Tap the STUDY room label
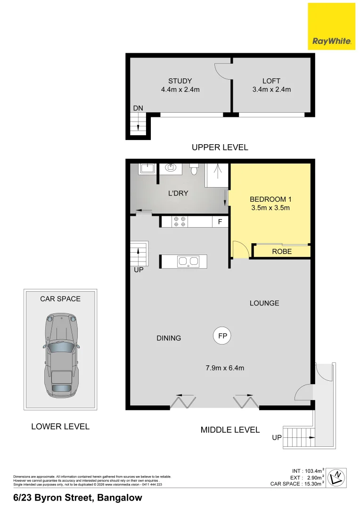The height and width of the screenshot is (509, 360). [180, 81]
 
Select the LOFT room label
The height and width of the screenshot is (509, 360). [271, 81]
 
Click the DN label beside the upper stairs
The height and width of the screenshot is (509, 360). [138, 108]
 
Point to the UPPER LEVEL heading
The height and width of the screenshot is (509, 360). [220, 148]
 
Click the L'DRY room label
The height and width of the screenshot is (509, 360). [179, 193]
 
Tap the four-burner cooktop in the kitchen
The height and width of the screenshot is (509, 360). [180, 222]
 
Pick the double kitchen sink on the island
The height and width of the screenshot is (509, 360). [188, 261]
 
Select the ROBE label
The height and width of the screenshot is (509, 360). [282, 252]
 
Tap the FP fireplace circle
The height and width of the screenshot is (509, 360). [222, 336]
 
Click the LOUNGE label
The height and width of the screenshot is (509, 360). [264, 303]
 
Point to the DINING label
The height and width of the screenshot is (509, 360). [169, 338]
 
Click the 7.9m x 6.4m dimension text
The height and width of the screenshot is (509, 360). [225, 368]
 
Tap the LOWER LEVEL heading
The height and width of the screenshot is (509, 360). [60, 427]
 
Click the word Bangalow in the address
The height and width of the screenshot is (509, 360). [120, 498]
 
